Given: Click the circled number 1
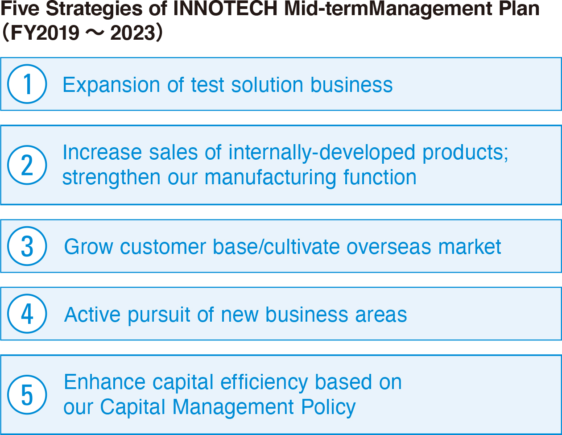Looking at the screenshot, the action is [27, 84].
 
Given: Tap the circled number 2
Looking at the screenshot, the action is [27, 165].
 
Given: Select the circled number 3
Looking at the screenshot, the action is [27, 246].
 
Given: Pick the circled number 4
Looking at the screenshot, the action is [27, 314].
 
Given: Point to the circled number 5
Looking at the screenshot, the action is [27, 395].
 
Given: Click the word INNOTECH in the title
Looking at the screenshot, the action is [225, 9].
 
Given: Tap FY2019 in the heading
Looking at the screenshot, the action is [45, 33].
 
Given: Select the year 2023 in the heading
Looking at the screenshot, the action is [133, 33].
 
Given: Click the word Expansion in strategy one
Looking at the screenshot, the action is [112, 85].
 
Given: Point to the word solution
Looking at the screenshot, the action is [267, 85].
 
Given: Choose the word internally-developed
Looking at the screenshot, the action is [322, 152].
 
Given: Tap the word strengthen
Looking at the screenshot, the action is [112, 178].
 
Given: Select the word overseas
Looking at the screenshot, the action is [389, 247].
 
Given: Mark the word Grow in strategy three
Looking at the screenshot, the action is [89, 246].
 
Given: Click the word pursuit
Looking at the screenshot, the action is [159, 315].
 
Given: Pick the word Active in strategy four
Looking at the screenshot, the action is [92, 315].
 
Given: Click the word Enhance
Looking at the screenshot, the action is [105, 382].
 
